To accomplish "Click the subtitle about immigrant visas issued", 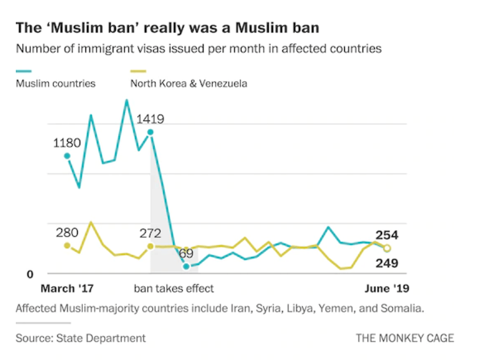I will click(199, 49).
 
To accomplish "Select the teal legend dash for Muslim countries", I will click(24, 71).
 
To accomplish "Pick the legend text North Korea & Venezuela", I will click(188, 84).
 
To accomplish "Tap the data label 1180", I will click(67, 142).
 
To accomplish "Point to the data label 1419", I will click(150, 119).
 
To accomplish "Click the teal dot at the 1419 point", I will click(150, 132).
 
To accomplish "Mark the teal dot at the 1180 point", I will click(67, 156).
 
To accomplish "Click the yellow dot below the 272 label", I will click(150, 246).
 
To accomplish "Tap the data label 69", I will click(186, 254).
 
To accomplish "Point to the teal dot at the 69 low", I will click(186, 266).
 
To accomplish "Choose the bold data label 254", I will click(387, 236).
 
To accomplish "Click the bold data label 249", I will click(387, 263).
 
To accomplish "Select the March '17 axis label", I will click(67, 289).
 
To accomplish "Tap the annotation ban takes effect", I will click(174, 289).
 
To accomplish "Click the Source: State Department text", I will click(81, 338).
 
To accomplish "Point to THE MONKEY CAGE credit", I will click(405, 338).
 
